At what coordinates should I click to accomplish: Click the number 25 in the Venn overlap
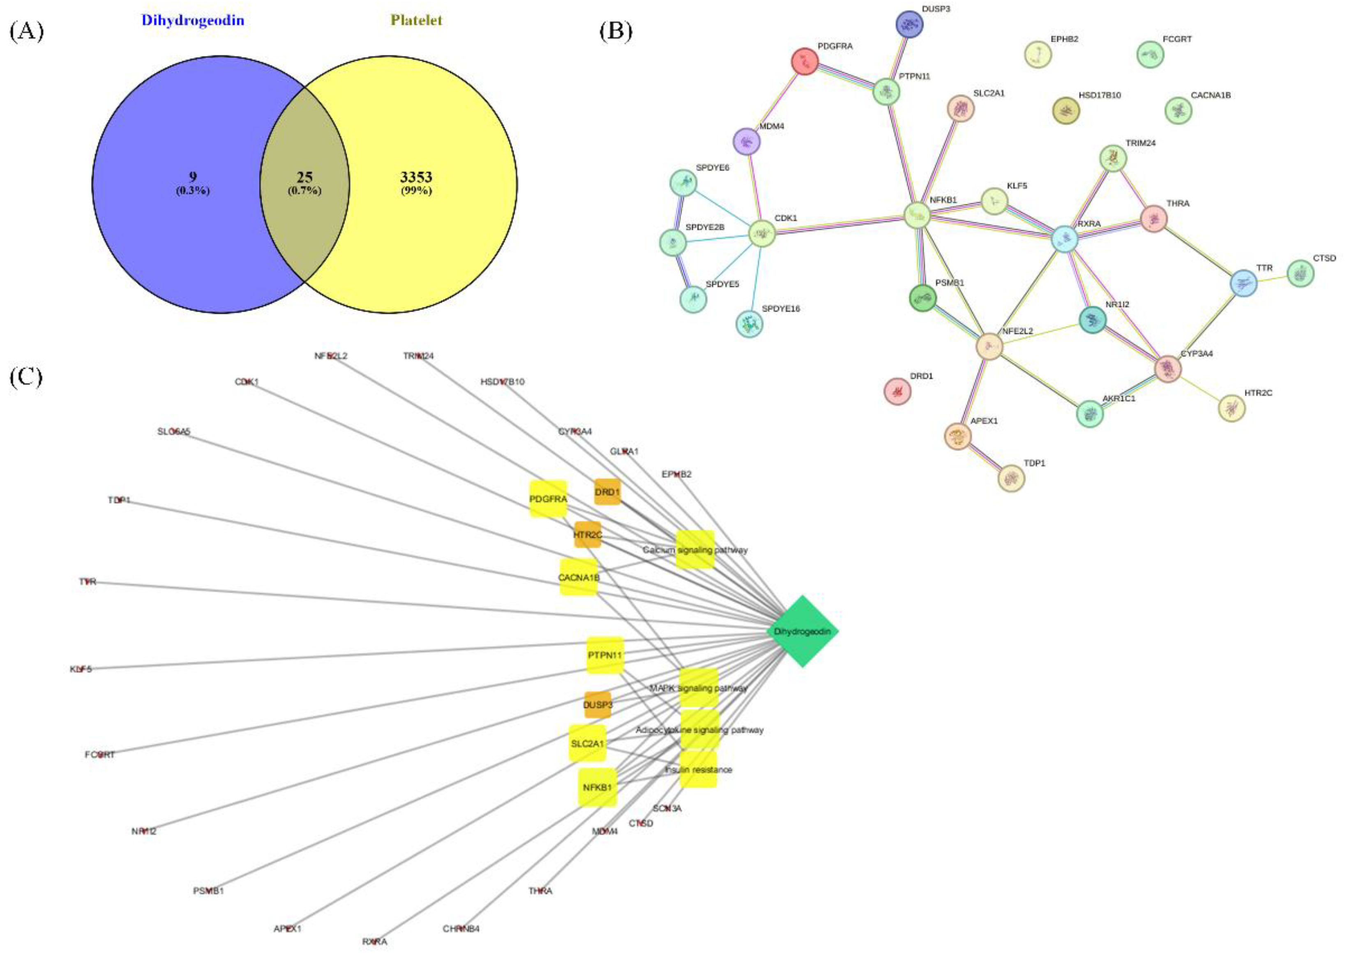pos(304,177)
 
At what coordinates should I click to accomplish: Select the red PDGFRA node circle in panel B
pos(805,61)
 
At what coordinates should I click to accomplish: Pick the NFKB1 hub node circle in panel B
pos(917,215)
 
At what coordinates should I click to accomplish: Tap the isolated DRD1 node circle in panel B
pos(898,391)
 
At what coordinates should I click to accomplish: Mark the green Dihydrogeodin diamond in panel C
pos(803,631)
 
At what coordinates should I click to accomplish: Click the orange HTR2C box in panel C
pos(588,534)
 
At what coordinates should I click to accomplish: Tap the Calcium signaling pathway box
pos(695,550)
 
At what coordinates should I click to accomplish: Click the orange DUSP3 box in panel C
pos(597,705)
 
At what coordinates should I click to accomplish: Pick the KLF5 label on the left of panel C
pos(81,669)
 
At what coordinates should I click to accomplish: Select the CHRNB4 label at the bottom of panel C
pos(461,929)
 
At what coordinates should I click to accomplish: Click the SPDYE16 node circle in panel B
pos(750,324)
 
